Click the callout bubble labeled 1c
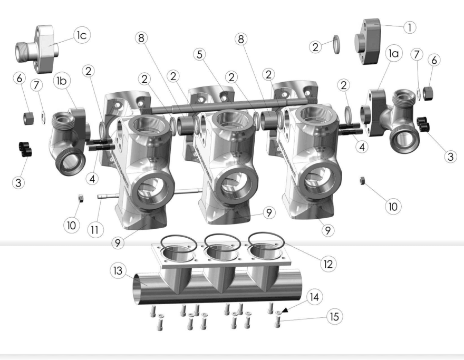tap(82, 35)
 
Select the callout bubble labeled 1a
tap(394, 54)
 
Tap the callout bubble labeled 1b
tap(62, 81)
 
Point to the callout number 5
tap(200, 54)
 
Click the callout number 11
tap(95, 230)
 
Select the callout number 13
tap(118, 270)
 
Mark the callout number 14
tap(315, 297)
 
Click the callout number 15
tap(334, 317)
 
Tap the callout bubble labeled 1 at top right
tap(410, 27)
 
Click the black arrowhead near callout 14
tap(285, 310)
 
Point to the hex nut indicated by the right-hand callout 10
tap(361, 180)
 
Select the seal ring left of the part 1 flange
tap(337, 44)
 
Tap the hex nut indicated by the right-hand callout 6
tap(428, 93)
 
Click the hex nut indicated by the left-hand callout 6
tap(28, 118)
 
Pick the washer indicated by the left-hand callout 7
tap(43, 118)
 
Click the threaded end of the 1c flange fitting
tap(22, 52)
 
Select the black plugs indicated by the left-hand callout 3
tap(25, 149)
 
